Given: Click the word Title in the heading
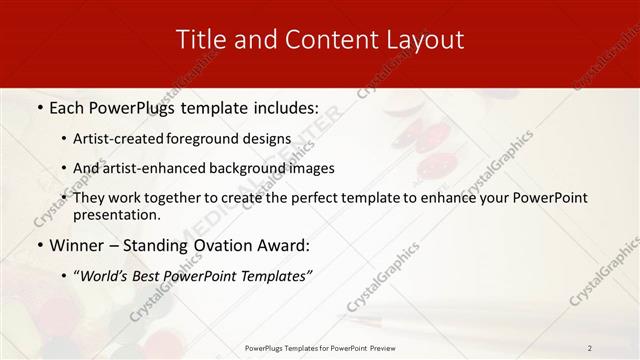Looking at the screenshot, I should [200, 40].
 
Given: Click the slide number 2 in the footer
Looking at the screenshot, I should [590, 347].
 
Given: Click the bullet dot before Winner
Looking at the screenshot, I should [39, 245].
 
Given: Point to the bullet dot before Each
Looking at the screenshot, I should [39, 108].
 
